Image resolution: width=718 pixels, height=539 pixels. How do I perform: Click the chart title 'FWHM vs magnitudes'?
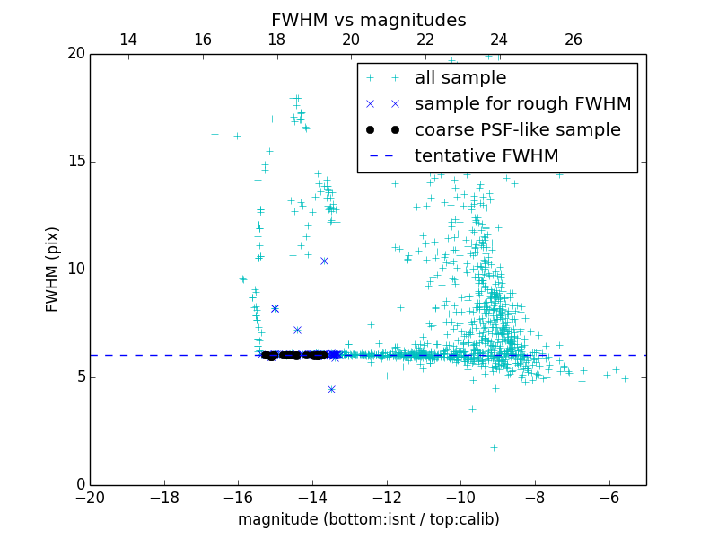(x=368, y=20)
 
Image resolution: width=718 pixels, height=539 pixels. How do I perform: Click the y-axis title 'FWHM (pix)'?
(x=53, y=269)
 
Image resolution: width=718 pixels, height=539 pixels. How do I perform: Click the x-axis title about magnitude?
(x=368, y=519)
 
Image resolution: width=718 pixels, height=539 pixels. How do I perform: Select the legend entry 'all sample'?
(x=460, y=78)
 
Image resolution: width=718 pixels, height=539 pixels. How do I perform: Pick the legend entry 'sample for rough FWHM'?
(x=522, y=103)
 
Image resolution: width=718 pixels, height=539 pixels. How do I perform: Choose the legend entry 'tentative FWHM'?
(x=486, y=155)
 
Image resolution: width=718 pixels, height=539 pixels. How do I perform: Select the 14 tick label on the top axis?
(x=127, y=40)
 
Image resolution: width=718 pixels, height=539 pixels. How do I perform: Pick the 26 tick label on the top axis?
(x=573, y=40)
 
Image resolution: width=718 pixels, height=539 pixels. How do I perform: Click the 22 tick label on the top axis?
(x=425, y=40)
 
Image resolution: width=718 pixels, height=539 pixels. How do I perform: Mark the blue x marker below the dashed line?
(x=331, y=389)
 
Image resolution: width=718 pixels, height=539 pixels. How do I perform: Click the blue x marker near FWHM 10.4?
(x=324, y=261)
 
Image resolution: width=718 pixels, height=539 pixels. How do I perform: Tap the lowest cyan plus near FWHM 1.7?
(x=493, y=447)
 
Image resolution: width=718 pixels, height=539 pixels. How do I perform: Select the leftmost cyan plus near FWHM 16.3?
(x=215, y=134)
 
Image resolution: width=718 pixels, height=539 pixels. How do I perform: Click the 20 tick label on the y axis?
(x=75, y=54)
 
